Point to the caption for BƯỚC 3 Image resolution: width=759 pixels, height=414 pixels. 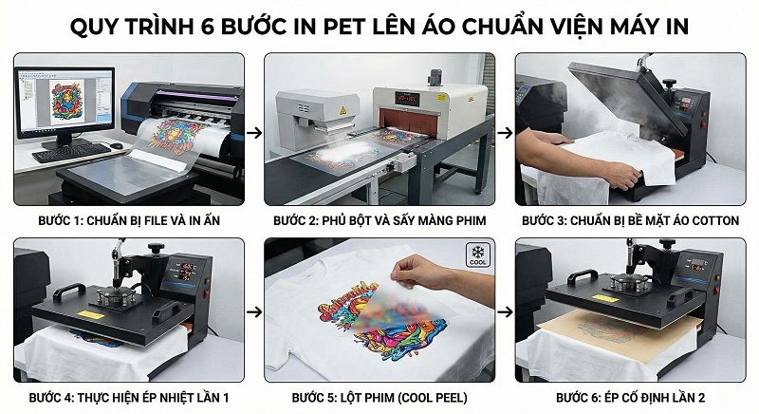(631, 220)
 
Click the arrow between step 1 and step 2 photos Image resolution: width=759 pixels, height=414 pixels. (253, 133)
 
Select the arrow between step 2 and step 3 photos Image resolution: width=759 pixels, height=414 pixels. (505, 133)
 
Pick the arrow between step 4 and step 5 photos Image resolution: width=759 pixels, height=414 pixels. (253, 310)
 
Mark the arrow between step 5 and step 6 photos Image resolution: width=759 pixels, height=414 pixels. (505, 310)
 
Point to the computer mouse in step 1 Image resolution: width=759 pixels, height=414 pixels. (115, 145)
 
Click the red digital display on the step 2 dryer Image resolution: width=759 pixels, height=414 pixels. (411, 97)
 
